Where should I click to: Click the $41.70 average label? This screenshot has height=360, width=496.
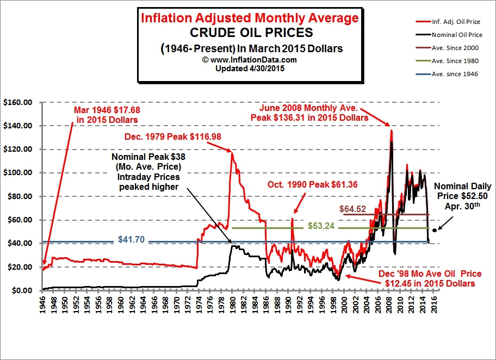pyautogui.click(x=131, y=238)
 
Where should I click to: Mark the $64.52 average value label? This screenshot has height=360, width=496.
pyautogui.click(x=353, y=208)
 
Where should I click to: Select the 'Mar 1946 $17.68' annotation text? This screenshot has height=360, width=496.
pyautogui.click(x=107, y=115)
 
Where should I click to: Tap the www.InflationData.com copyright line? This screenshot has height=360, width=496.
pyautogui.click(x=250, y=60)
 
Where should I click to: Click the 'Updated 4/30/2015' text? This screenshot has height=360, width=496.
pyautogui.click(x=250, y=69)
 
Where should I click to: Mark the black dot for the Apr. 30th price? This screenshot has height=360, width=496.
pyautogui.click(x=434, y=231)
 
